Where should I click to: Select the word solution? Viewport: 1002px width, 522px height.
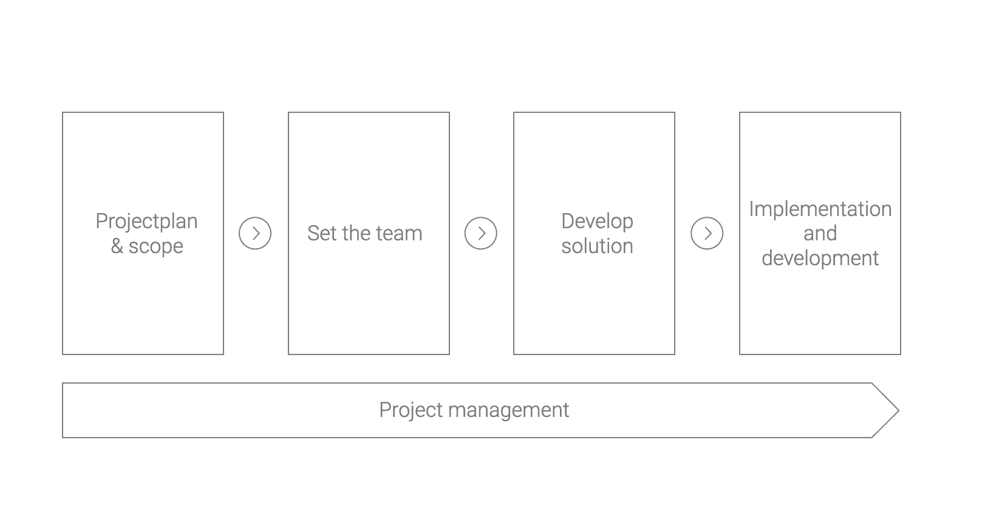[597, 246]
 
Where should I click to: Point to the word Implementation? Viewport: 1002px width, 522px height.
[820, 209]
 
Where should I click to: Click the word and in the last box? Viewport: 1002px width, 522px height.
[820, 233]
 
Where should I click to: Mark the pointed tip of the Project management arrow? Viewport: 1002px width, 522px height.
[899, 410]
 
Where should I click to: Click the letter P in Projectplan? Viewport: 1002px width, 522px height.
[101, 221]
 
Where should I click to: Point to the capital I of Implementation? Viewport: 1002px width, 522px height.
[752, 209]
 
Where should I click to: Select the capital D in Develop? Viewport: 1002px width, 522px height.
[568, 221]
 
